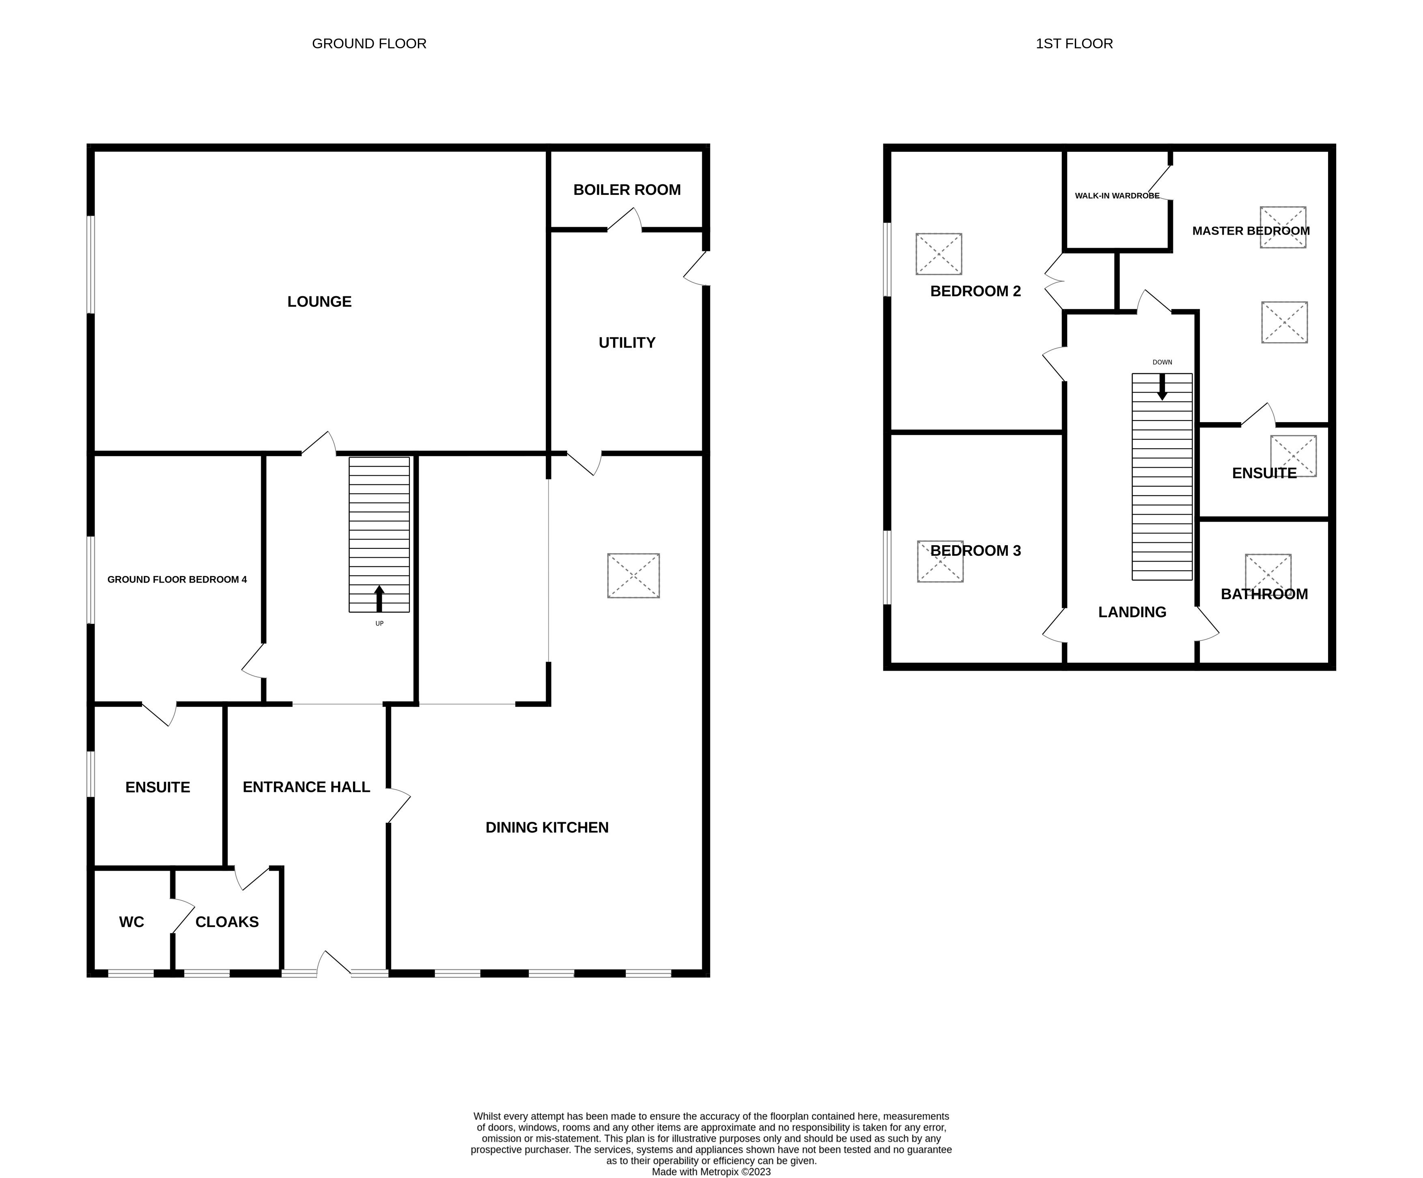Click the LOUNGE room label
(x=319, y=302)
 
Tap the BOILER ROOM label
(x=627, y=190)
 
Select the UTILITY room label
(x=627, y=343)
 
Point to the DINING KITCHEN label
(x=547, y=828)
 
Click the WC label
(x=131, y=922)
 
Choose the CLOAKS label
(x=227, y=922)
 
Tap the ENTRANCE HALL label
(x=306, y=787)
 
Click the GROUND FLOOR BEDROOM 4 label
(x=177, y=580)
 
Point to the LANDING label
(x=1132, y=612)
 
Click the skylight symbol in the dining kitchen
(x=633, y=576)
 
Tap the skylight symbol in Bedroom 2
(x=939, y=254)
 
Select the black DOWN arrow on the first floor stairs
(x=1162, y=386)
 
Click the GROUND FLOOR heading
(x=369, y=43)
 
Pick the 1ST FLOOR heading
(x=1074, y=43)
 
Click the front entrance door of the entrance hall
(x=334, y=962)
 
